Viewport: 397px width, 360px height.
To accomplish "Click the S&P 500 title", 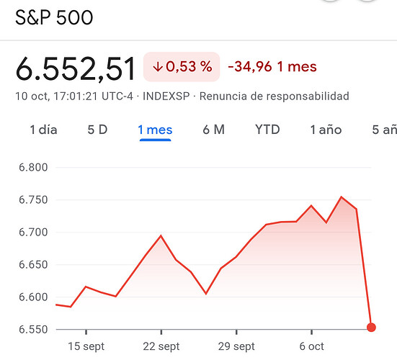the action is pos(54,17).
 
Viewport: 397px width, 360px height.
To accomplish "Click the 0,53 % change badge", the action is pos(182,67).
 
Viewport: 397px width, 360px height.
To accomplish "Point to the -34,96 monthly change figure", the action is pos(250,67).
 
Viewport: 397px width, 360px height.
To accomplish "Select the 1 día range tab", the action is pos(43,130).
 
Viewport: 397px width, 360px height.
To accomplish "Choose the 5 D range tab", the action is pos(97,130).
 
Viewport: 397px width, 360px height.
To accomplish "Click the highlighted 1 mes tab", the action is pos(155,130).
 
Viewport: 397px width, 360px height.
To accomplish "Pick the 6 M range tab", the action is pos(214,130).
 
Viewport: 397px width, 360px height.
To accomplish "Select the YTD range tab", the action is pos(267,130).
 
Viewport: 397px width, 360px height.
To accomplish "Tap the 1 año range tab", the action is pos(326,130).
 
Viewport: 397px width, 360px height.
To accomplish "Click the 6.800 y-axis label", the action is pos(33,168).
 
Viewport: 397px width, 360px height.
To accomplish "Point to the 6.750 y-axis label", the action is pos(33,200).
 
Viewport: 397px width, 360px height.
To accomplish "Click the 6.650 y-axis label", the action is pos(33,265).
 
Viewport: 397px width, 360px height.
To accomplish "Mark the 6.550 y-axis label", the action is pos(33,329).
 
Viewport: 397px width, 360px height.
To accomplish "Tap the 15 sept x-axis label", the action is pos(86,346).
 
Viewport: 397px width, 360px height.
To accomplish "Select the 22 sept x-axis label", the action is pos(161,346).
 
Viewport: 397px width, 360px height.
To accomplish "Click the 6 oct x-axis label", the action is pos(312,346).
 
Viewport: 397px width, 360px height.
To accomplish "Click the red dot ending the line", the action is pos(371,328).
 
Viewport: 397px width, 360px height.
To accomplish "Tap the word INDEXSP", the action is pos(166,96).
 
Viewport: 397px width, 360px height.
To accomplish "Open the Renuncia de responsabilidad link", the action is pos(275,96).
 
